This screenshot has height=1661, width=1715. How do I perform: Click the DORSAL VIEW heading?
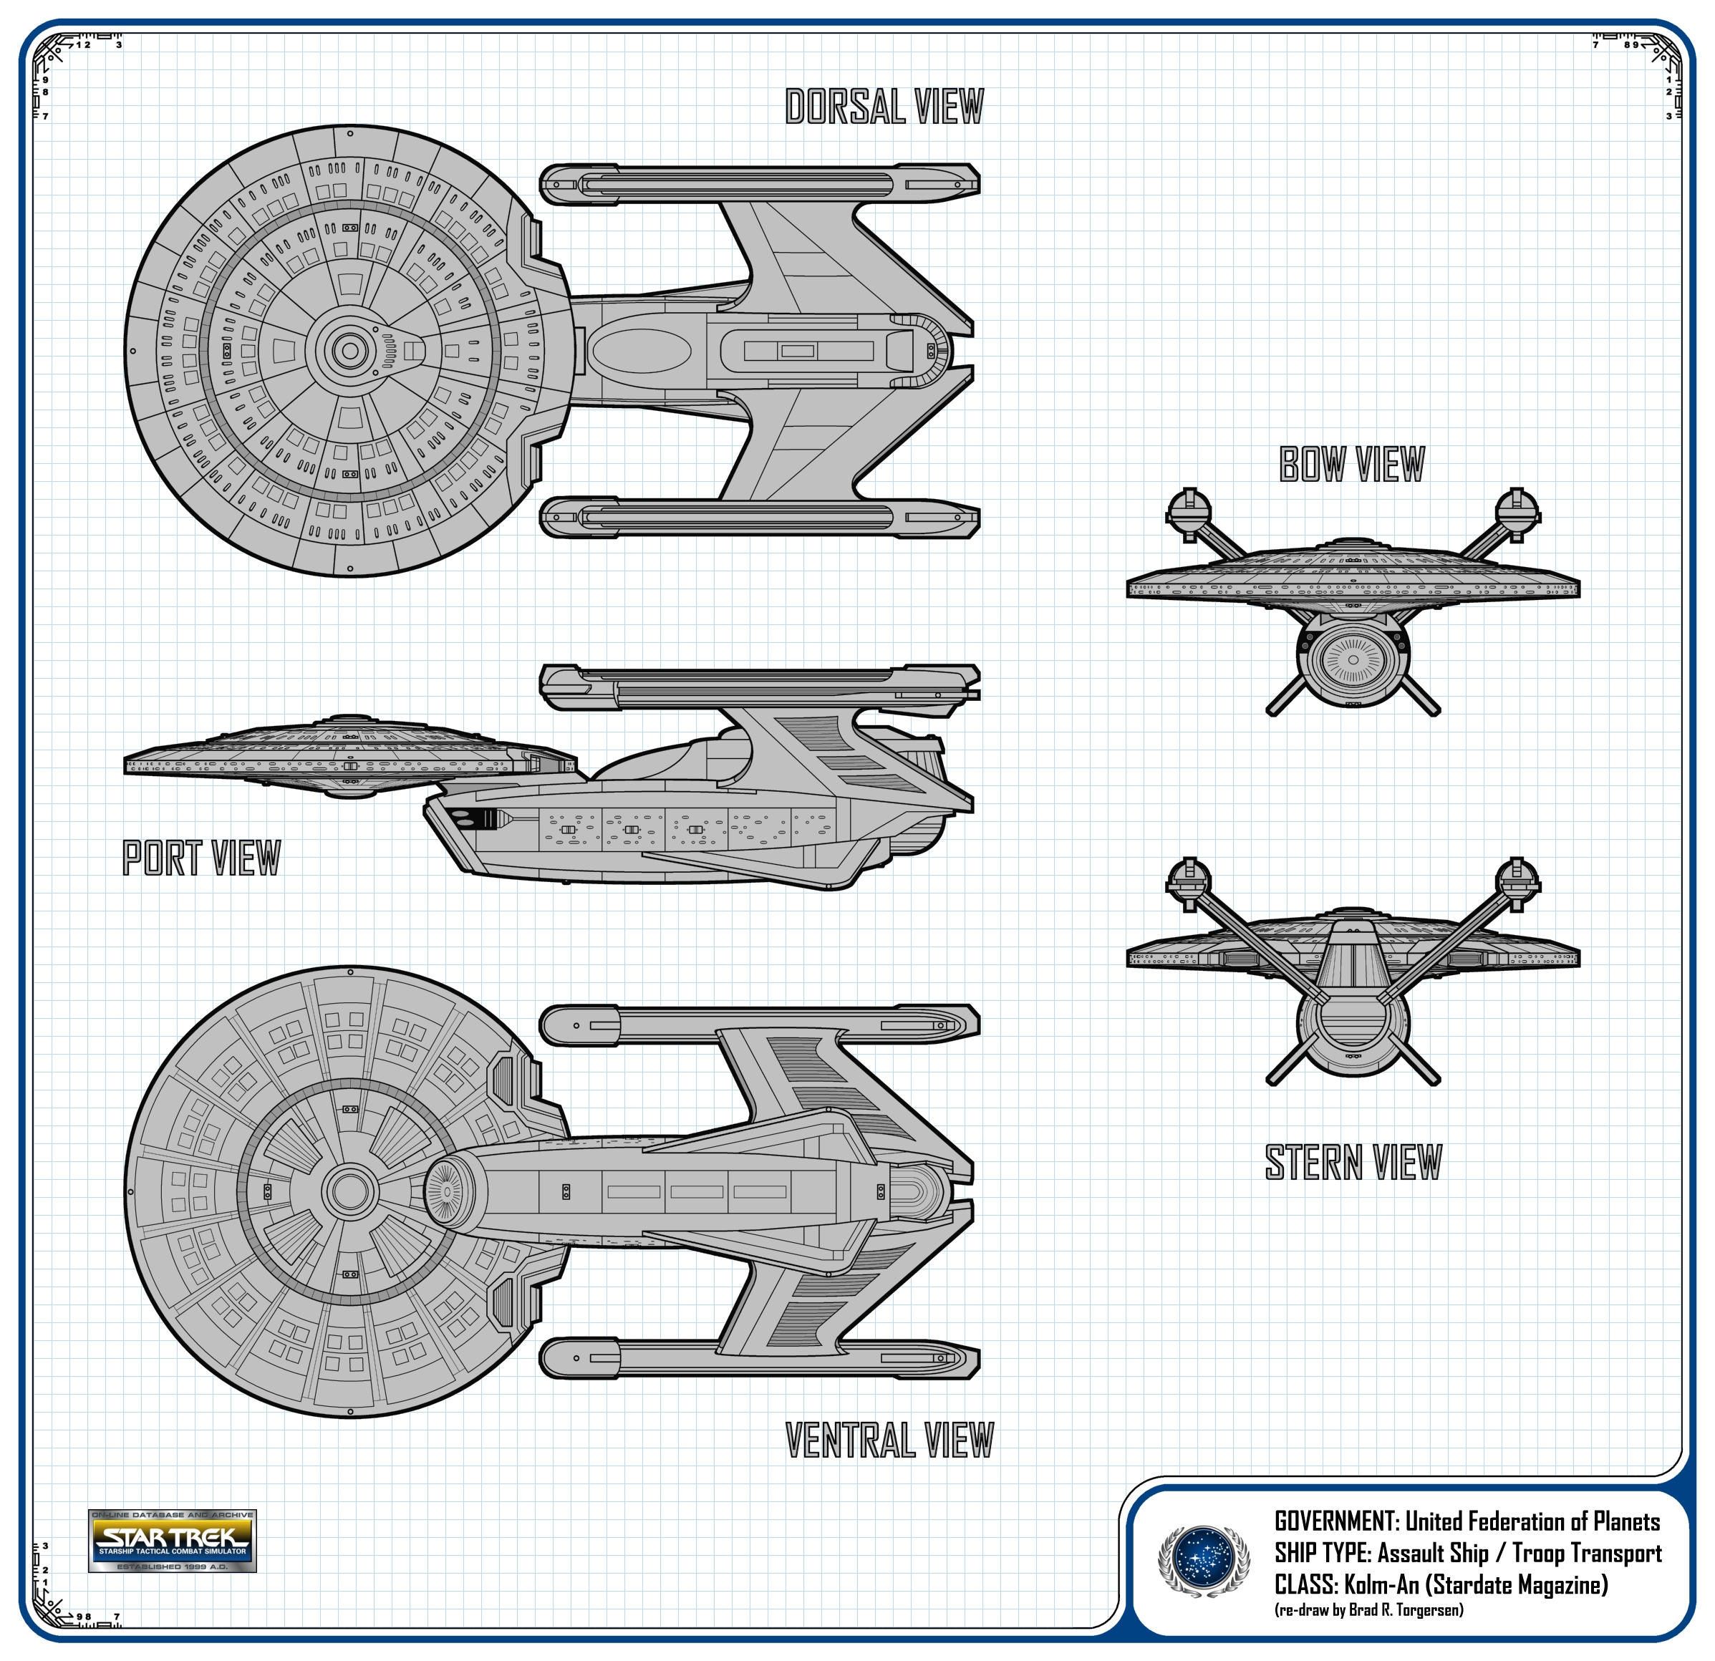point(884,107)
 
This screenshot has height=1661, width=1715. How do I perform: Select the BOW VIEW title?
point(1352,465)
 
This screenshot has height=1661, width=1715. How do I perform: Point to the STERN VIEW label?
point(1353,1163)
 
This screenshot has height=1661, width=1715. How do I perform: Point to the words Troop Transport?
point(1586,1554)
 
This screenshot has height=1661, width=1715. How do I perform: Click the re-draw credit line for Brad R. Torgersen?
point(1368,1610)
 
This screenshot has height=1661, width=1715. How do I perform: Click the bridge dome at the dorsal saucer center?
point(350,351)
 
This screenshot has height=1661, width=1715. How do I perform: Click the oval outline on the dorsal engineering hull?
point(642,351)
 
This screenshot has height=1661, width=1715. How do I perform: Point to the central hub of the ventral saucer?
point(350,1191)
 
